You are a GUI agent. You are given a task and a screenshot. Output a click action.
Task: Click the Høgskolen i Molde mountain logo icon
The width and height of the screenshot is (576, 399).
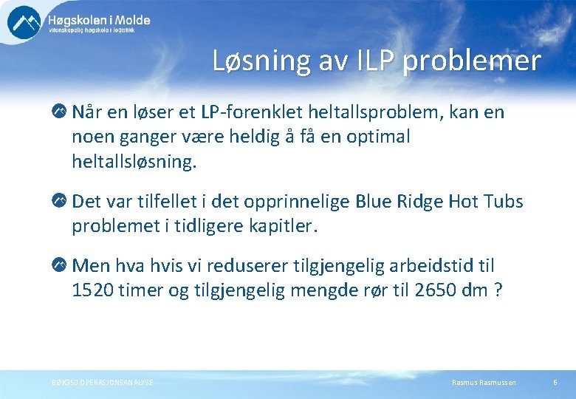coord(24,22)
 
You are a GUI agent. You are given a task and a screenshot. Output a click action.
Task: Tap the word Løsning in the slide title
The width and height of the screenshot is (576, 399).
coord(253,61)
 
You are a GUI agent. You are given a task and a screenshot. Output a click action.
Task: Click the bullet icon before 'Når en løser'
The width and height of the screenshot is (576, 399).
coord(59,112)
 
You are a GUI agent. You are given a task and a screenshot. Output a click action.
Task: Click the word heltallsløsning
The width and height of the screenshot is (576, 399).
coord(134,162)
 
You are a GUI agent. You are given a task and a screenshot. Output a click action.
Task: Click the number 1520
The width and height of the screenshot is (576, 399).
coord(92,290)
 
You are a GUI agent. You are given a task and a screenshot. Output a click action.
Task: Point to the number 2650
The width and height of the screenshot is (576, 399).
coord(420,290)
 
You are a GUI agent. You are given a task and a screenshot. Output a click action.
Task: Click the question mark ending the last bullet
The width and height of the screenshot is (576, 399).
coord(498,290)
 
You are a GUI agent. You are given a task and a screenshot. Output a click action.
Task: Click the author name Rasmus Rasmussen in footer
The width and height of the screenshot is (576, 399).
coord(484,382)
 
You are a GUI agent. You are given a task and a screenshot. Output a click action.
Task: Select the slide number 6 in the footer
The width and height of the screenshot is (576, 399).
coord(555,382)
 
